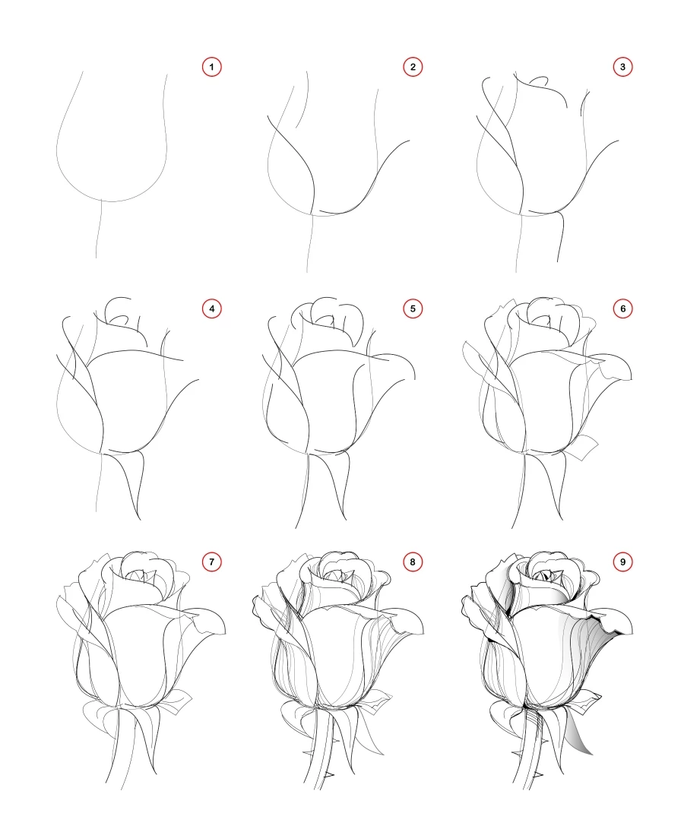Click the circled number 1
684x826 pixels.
211,68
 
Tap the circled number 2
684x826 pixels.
413,68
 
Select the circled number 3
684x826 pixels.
622,68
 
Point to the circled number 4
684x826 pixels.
211,309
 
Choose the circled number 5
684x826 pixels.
413,309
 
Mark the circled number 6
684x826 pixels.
622,309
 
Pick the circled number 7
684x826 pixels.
211,562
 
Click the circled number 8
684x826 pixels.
413,562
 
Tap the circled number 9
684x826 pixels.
622,562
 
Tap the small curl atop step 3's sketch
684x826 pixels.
540,79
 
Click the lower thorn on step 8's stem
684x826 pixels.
329,774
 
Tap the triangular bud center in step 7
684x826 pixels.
140,578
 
